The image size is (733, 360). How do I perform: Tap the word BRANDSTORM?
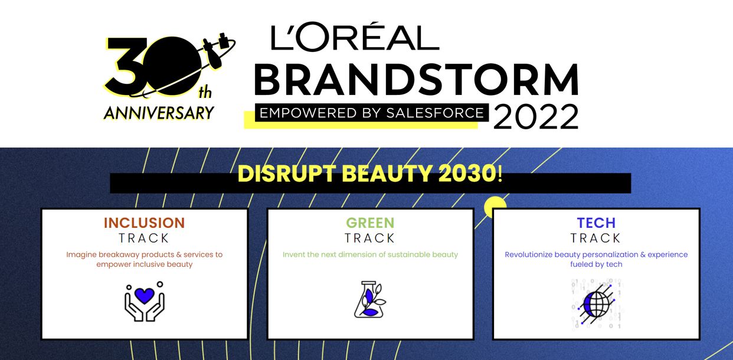[x=417, y=80]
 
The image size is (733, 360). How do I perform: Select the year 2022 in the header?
[x=536, y=116]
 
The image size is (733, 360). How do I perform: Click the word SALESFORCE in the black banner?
[x=435, y=113]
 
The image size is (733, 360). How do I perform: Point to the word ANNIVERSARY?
[x=159, y=113]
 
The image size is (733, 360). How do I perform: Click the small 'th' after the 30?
[x=205, y=93]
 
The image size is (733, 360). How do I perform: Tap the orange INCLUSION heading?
[x=145, y=223]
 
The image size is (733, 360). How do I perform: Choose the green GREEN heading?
[x=370, y=223]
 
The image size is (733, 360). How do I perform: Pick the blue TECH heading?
[x=596, y=223]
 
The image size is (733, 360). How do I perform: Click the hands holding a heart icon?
[x=145, y=301]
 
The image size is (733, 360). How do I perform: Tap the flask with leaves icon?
[x=370, y=299]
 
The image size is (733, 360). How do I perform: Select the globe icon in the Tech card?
[x=596, y=305]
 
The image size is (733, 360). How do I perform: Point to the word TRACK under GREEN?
[x=370, y=238]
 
